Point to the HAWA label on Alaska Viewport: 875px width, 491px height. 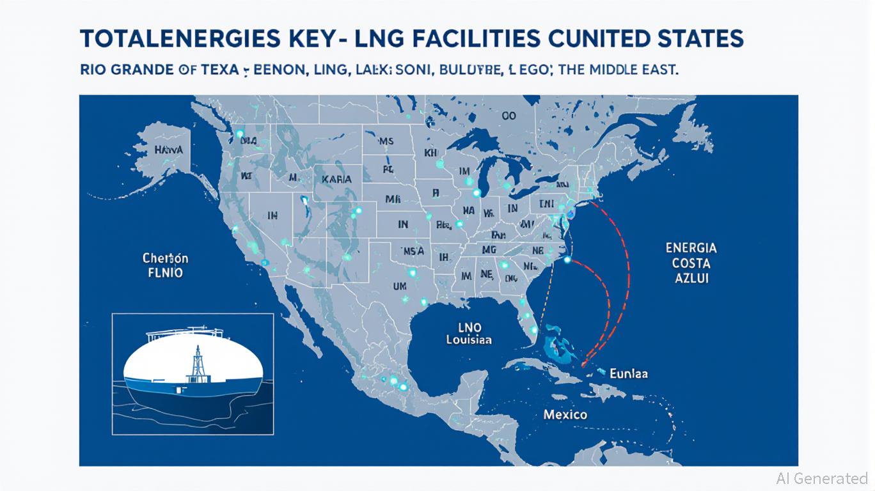tap(169, 150)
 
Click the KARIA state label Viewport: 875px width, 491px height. tap(336, 180)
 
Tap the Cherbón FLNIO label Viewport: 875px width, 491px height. tap(165, 266)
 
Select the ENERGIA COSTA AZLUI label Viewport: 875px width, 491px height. tap(691, 263)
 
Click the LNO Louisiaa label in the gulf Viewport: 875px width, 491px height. tap(469, 334)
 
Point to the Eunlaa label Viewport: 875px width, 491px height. tap(628, 373)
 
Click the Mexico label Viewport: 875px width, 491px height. tap(565, 414)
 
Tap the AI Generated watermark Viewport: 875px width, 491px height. tap(821, 478)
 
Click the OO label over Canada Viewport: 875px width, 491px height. tap(508, 116)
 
